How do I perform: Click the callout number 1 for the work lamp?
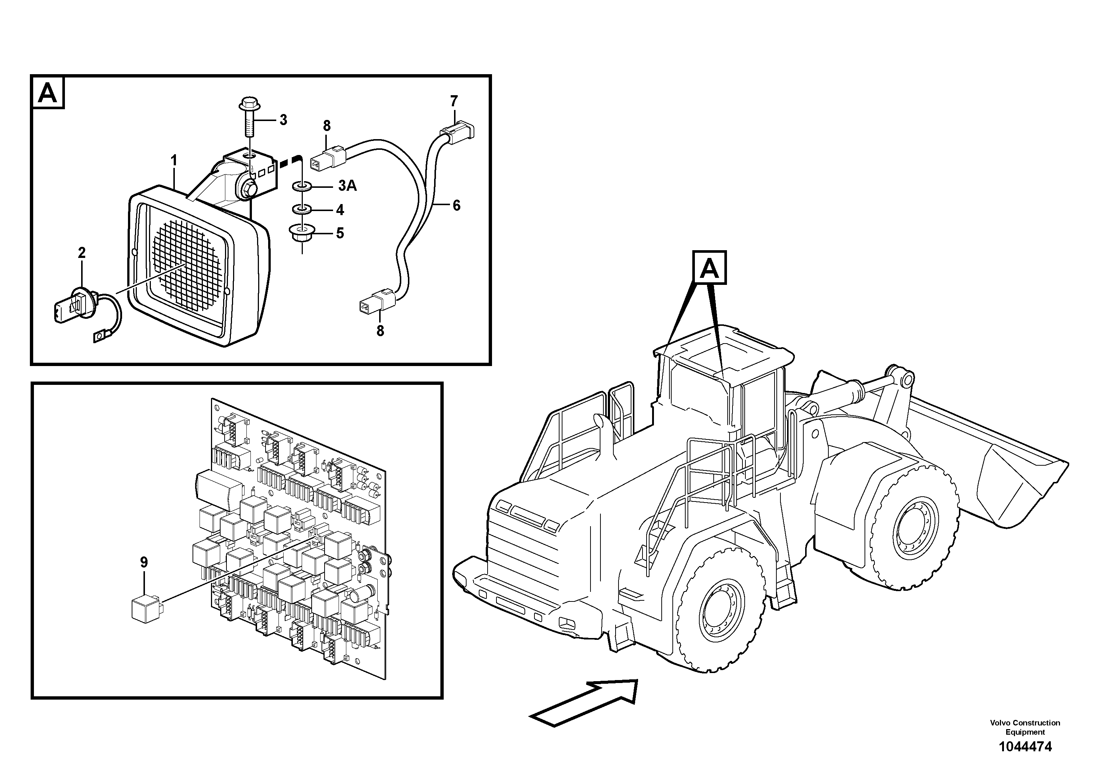coord(174,160)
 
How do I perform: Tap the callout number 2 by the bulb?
coord(82,253)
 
